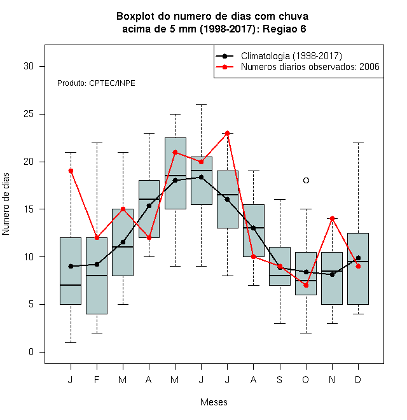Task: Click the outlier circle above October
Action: click(306, 181)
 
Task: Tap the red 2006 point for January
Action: click(71, 171)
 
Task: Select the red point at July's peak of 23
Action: click(227, 133)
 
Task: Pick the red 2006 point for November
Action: click(333, 218)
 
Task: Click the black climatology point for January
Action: click(71, 266)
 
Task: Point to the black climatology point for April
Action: click(149, 206)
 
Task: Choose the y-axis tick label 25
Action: click(29, 114)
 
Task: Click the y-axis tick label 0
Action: click(31, 352)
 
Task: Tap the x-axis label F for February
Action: click(97, 379)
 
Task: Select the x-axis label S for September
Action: click(280, 379)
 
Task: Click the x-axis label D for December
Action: click(358, 379)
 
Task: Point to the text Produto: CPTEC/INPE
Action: click(96, 83)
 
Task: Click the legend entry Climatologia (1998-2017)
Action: click(291, 56)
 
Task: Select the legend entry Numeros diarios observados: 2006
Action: click(310, 67)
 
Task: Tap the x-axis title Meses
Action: click(214, 402)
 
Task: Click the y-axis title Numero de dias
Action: click(6, 204)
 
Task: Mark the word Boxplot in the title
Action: click(135, 17)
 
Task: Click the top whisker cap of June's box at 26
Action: click(202, 105)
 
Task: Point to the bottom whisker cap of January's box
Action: click(71, 342)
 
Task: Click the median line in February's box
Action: click(97, 276)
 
